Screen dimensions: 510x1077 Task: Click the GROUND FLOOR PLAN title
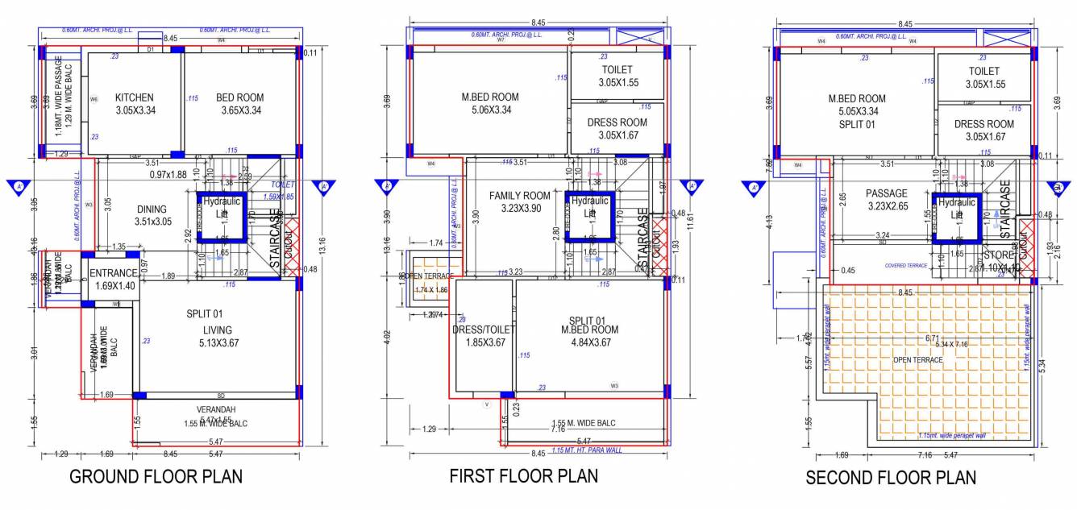[156, 476]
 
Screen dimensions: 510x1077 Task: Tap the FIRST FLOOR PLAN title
[524, 475]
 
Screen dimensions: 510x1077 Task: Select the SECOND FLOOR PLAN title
[891, 478]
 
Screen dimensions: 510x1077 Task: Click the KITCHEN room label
[134, 97]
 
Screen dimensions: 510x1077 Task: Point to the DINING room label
[152, 209]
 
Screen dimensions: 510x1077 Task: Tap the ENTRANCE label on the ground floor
[113, 273]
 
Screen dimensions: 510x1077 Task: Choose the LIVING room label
[218, 330]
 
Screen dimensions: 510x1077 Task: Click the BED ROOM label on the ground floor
[239, 97]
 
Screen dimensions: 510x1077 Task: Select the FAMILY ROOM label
[520, 196]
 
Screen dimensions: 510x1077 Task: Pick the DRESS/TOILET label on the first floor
[484, 330]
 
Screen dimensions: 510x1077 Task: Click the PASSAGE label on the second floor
[887, 193]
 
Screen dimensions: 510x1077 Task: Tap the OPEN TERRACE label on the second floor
[917, 359]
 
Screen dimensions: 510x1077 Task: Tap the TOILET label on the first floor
[618, 70]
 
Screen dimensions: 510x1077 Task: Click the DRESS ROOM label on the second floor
[984, 124]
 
